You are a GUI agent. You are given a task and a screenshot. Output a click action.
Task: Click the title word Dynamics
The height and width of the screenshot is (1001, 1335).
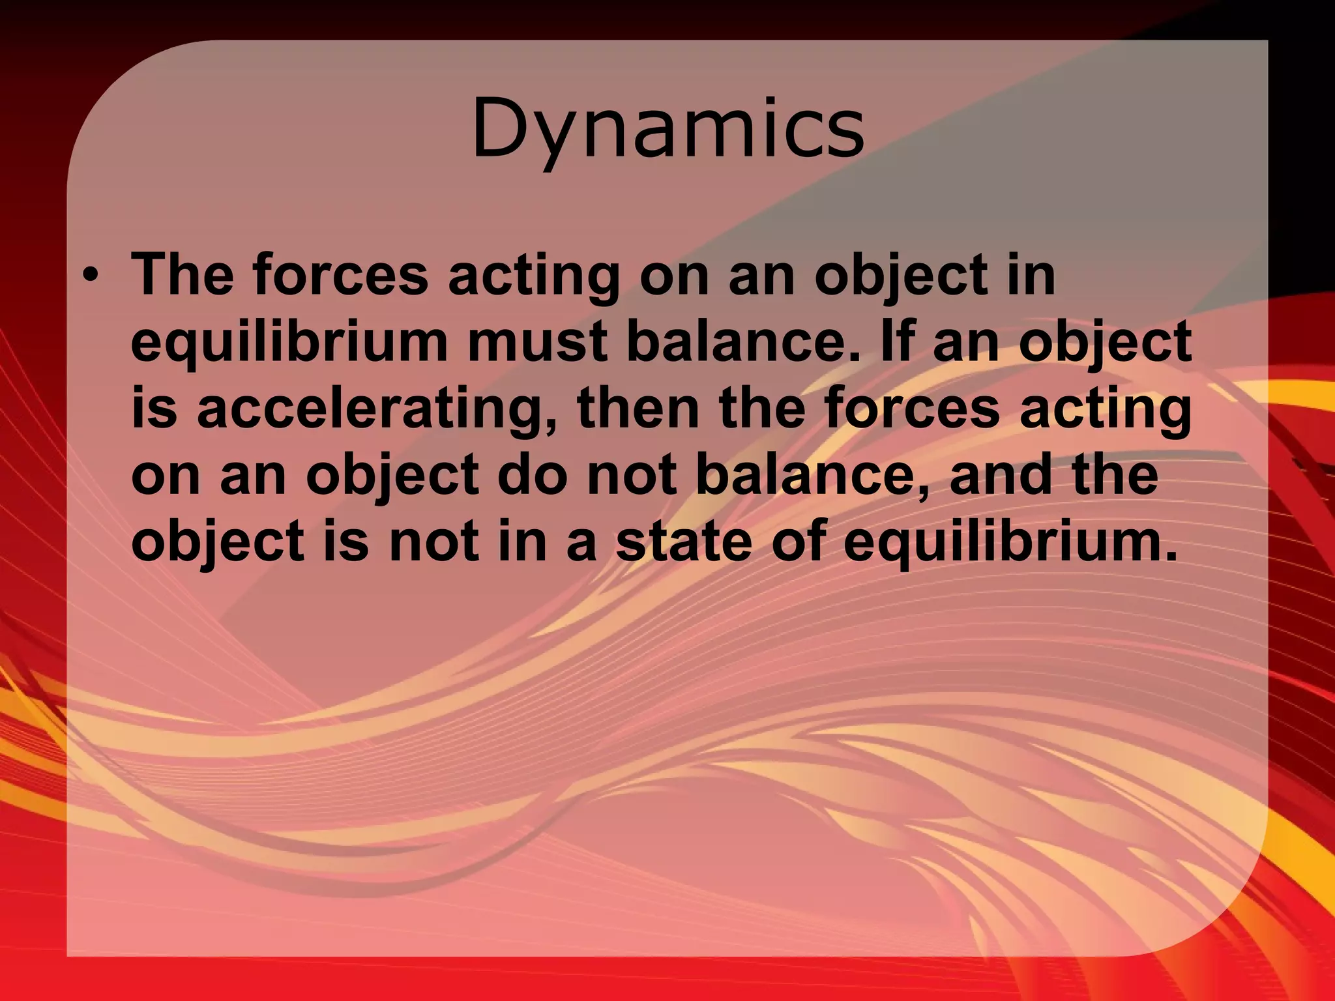[x=667, y=129]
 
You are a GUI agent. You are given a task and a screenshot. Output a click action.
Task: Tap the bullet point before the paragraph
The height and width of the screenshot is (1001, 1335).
[x=91, y=276]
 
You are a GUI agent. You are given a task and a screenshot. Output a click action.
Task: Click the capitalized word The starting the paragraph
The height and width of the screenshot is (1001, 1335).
[x=182, y=274]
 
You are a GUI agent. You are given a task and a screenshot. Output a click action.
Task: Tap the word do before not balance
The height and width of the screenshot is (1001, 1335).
[x=532, y=476]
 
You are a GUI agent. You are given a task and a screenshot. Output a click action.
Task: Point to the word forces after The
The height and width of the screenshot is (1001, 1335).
[x=340, y=274]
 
